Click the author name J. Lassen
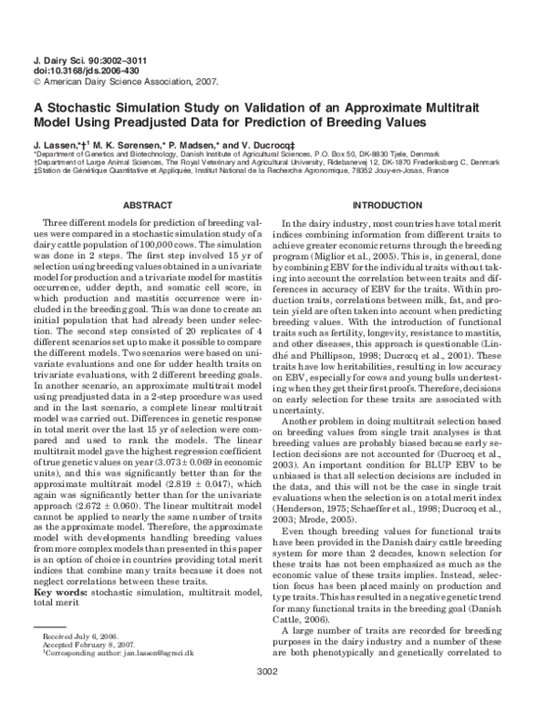(x=56, y=147)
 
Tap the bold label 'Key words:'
(x=63, y=592)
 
